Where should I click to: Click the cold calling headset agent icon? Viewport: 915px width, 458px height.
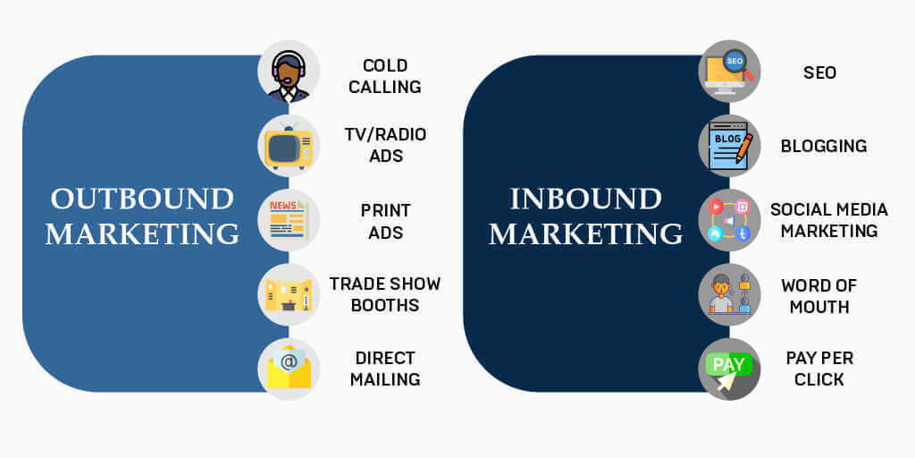click(289, 72)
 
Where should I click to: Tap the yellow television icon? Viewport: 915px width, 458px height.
click(289, 146)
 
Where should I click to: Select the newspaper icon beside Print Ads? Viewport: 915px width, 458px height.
click(289, 220)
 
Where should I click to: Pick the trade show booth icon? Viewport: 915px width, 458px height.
click(289, 294)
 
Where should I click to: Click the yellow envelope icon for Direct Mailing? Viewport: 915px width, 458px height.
click(289, 369)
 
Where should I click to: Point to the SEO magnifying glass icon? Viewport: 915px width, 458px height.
click(729, 72)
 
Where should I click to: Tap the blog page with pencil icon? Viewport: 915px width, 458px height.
click(729, 146)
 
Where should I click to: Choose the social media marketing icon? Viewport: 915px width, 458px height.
click(729, 220)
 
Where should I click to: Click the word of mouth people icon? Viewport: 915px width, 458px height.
click(729, 294)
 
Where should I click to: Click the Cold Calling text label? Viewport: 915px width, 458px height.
click(385, 76)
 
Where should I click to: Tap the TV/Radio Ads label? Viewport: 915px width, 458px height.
click(385, 146)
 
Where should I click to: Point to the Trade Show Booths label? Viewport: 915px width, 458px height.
click(385, 294)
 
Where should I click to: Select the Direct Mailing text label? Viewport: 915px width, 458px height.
click(385, 369)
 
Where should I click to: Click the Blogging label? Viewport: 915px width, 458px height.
click(824, 146)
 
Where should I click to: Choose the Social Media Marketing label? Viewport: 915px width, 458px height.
click(829, 220)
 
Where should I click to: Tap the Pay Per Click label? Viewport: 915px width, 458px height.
click(820, 369)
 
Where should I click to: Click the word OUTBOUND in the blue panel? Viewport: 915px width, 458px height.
click(142, 199)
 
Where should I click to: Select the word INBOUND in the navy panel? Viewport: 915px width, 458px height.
click(586, 199)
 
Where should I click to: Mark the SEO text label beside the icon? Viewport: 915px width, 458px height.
click(820, 72)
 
